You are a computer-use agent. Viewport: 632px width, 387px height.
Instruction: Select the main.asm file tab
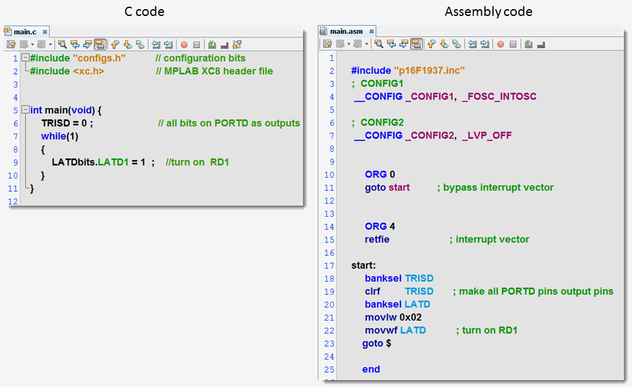coord(345,31)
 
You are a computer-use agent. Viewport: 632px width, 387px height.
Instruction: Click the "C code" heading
coord(145,11)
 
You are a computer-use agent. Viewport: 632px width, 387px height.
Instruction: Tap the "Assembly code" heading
coord(488,11)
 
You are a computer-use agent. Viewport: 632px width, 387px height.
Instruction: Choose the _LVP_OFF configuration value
coord(487,135)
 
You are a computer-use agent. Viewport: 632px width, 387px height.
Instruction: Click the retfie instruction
coord(377,239)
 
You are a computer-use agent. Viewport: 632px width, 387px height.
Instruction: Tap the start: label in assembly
coord(364,265)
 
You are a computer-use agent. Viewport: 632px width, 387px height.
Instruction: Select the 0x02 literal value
coord(410,317)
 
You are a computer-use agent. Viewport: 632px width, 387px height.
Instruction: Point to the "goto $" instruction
coord(377,344)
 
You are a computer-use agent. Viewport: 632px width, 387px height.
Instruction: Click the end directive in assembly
coord(371,369)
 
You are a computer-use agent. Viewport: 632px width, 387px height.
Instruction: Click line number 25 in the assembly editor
coord(329,369)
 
